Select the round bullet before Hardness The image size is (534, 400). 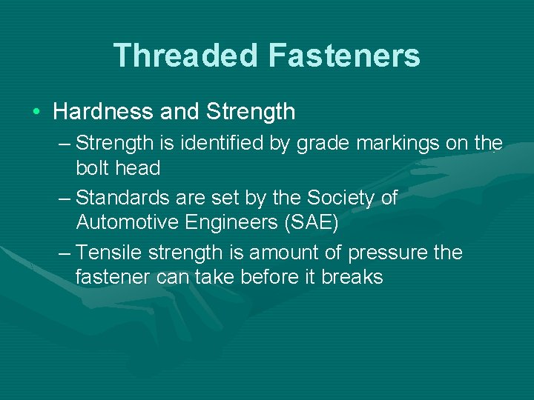click(x=36, y=113)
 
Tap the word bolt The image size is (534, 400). click(x=93, y=168)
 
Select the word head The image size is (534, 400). click(x=138, y=168)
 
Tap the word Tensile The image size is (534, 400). click(x=109, y=253)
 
